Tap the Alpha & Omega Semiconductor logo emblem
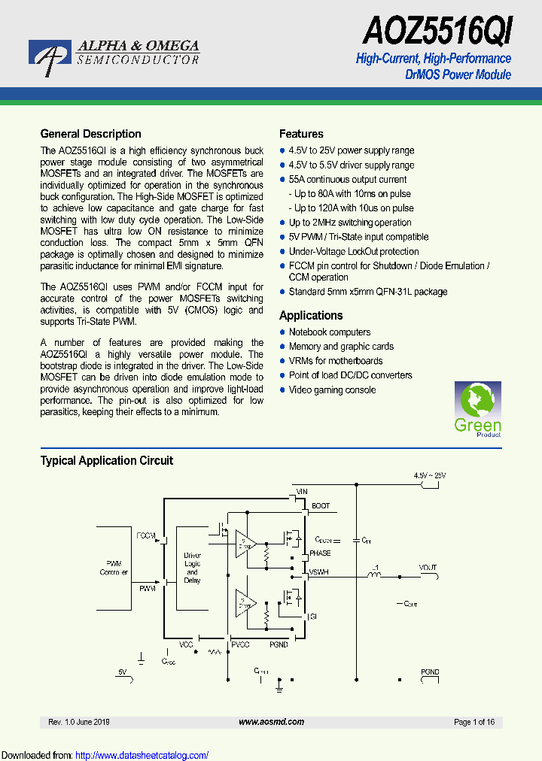(50, 55)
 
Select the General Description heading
(90, 134)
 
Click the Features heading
(301, 134)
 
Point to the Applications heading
(311, 316)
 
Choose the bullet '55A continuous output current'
(348, 180)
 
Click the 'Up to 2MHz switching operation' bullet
(350, 223)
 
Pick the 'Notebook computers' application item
(330, 332)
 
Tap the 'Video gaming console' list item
(332, 390)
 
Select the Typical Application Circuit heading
(106, 460)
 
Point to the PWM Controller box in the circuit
(114, 568)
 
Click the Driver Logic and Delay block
(192, 568)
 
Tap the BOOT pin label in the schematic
(320, 507)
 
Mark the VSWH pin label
(319, 573)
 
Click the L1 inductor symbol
(373, 575)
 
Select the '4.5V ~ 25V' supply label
(429, 476)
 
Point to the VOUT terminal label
(428, 568)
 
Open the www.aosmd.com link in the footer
(271, 722)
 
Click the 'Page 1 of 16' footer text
(474, 722)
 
